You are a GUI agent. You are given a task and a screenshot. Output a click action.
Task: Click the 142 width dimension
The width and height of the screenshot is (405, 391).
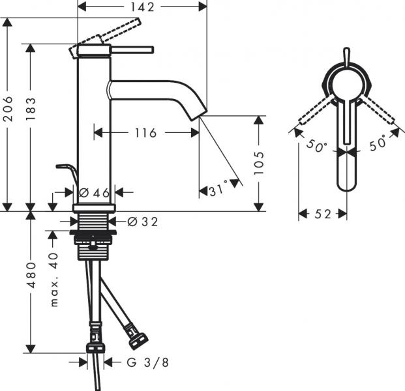pos(142,7)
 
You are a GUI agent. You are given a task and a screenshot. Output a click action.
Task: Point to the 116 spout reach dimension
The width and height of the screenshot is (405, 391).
pos(145,133)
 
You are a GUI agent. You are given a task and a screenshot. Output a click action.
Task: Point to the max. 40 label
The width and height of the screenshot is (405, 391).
pos(53,280)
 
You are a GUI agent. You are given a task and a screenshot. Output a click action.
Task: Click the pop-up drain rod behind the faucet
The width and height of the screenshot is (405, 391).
pos(67,171)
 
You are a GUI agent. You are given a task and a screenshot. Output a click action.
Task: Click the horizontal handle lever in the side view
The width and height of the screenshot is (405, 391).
pos(130,49)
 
